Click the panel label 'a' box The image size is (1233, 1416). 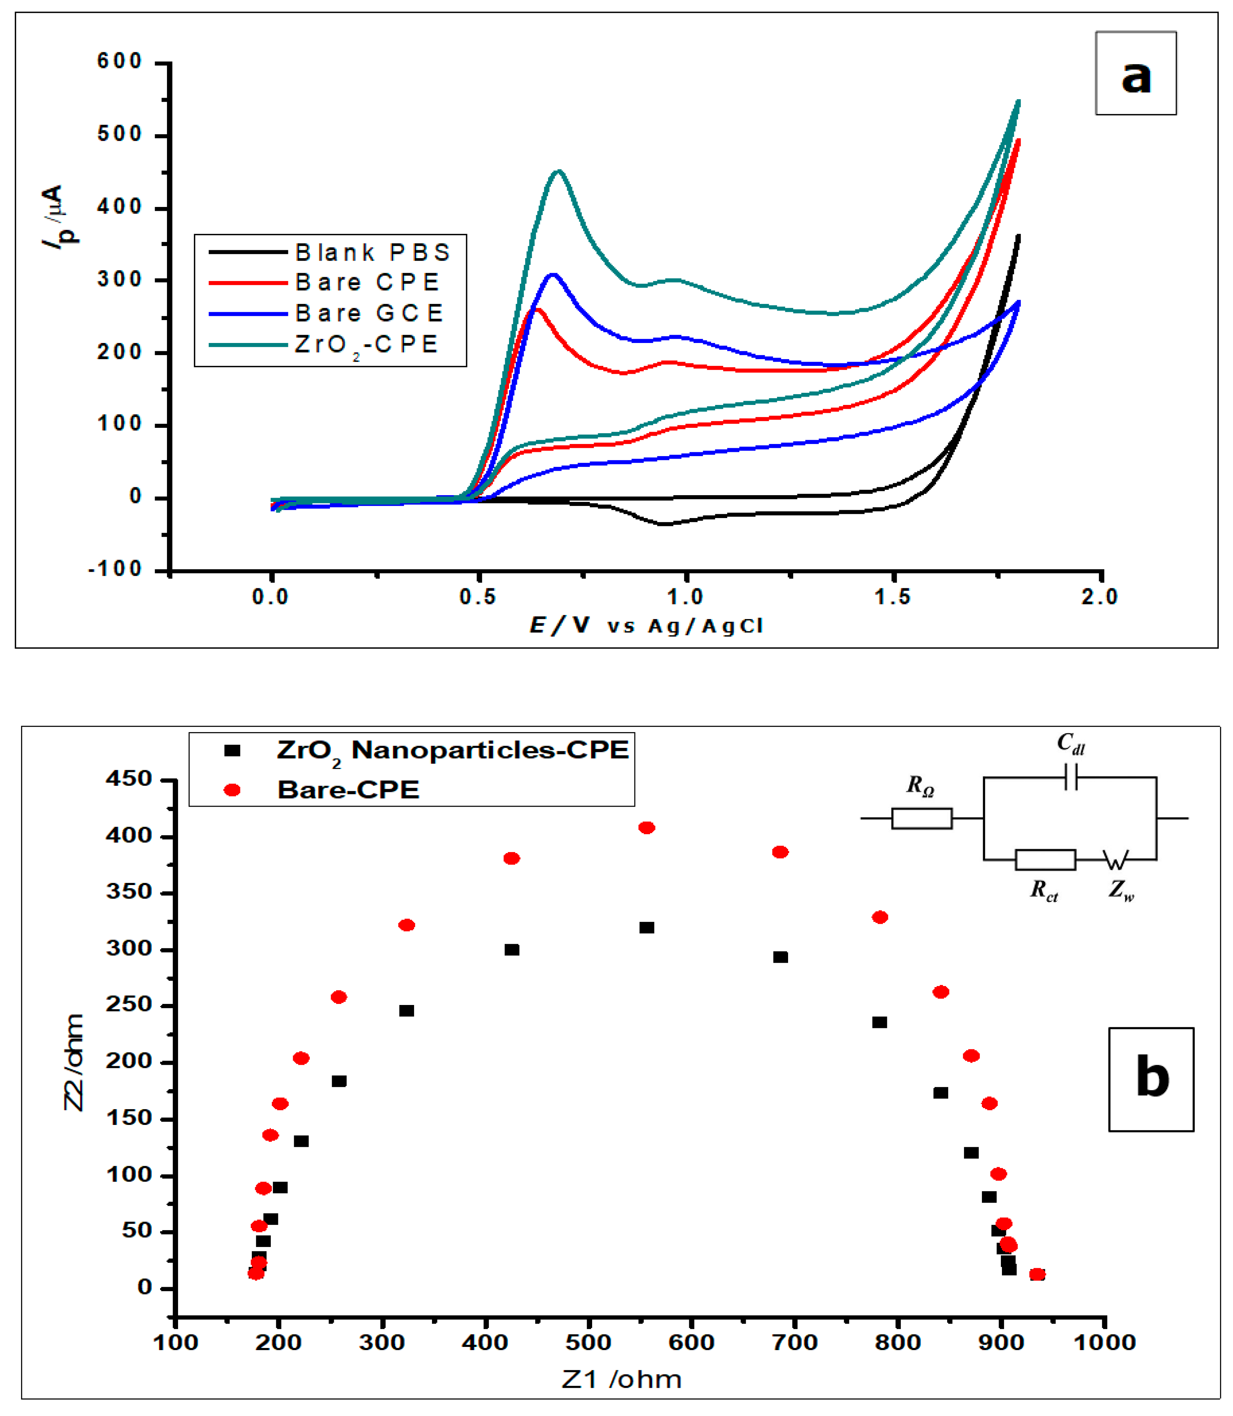click(1135, 73)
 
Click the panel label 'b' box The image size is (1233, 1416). click(1151, 1078)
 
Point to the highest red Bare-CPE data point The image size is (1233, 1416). click(646, 827)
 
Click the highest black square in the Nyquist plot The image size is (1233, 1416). click(646, 928)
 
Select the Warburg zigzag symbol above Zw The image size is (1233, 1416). click(1116, 860)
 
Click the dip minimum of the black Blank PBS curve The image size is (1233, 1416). click(665, 524)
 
